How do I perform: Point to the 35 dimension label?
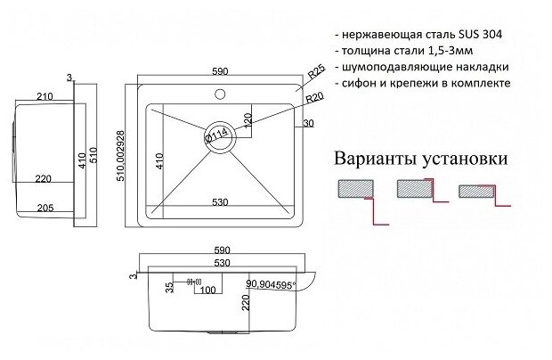(x=168, y=287)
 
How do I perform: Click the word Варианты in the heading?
(x=373, y=160)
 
